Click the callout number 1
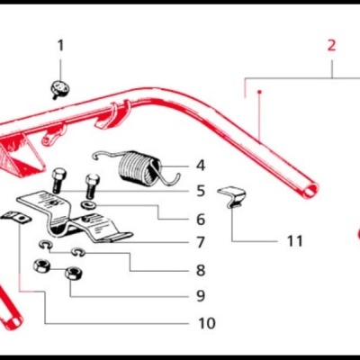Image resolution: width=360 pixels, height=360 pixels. [x=61, y=45]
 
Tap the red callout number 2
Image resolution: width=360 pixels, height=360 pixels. [x=331, y=44]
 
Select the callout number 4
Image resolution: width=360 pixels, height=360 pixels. [x=200, y=166]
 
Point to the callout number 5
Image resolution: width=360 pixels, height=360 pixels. [x=200, y=191]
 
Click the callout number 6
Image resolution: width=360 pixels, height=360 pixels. [x=200, y=219]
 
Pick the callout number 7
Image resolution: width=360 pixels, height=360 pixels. [x=200, y=242]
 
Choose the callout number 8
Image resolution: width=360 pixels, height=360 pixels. [x=200, y=269]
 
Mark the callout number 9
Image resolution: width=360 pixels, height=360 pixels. [x=200, y=295]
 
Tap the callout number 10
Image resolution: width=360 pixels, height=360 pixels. [x=207, y=322]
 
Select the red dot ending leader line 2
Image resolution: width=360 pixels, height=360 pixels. [x=258, y=92]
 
